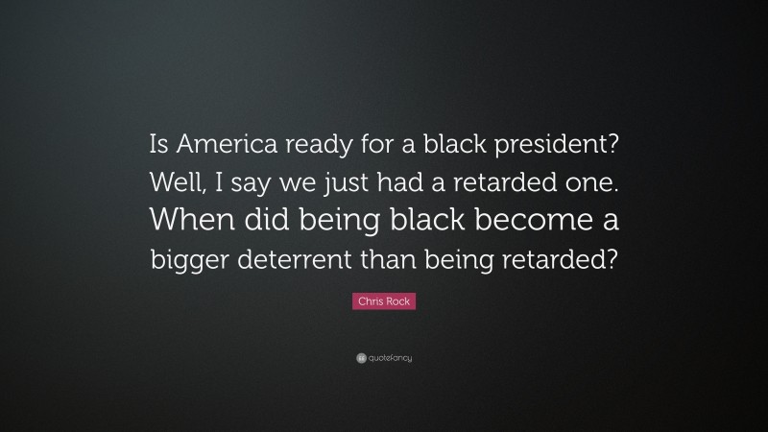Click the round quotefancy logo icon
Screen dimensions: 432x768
(x=361, y=358)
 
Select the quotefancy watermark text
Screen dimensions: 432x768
(x=390, y=358)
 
